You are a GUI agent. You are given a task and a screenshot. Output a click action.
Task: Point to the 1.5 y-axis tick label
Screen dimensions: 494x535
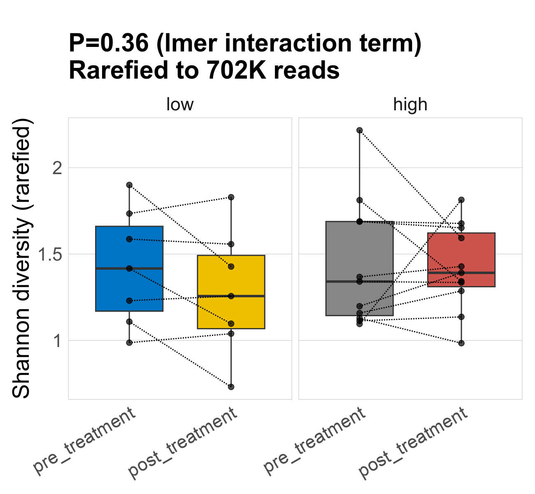[x=51, y=254]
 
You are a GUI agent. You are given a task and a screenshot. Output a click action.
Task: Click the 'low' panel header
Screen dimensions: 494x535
[x=180, y=105]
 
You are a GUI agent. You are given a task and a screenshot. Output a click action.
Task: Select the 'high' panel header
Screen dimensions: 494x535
[x=410, y=105]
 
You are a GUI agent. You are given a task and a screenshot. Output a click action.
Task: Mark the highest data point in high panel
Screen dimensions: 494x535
[x=359, y=130]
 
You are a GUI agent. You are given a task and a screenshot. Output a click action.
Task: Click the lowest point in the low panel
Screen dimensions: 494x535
[x=231, y=387]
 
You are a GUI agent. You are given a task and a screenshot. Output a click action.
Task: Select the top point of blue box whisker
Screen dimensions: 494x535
[x=129, y=185]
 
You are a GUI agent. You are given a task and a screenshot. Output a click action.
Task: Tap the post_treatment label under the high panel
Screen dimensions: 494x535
[x=413, y=443]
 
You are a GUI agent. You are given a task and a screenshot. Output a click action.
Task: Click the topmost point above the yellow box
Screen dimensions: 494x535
[x=231, y=197]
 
